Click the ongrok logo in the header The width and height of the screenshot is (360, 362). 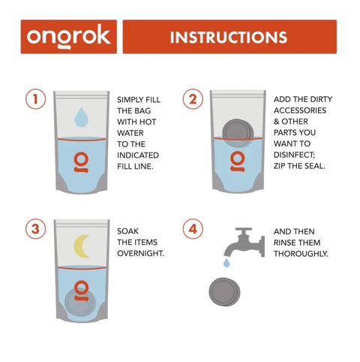tap(68, 37)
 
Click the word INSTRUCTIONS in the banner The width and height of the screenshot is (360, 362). tap(229, 38)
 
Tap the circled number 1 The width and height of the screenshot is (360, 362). tap(36, 99)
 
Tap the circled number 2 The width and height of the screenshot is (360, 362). tap(193, 99)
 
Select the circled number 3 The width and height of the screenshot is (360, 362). tap(36, 229)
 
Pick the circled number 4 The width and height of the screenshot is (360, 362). tap(193, 229)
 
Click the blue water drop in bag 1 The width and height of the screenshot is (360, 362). tap(82, 117)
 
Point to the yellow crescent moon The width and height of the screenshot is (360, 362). tap(80, 246)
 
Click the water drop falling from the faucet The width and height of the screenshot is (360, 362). tap(226, 263)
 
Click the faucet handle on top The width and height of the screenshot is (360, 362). tap(244, 230)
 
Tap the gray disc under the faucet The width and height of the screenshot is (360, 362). tap(224, 291)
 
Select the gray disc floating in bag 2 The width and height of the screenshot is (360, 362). tap(238, 133)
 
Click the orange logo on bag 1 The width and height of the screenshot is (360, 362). tap(81, 162)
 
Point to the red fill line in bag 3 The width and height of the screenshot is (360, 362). tap(82, 268)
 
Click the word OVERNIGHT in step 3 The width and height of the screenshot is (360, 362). tap(141, 253)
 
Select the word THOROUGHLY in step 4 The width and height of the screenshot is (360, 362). tap(301, 254)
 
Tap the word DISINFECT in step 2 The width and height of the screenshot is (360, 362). tap(294, 155)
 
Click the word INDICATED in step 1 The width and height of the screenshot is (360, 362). tap(138, 155)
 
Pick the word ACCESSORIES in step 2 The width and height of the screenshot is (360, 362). tap(300, 110)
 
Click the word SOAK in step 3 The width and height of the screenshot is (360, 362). tap(127, 231)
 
